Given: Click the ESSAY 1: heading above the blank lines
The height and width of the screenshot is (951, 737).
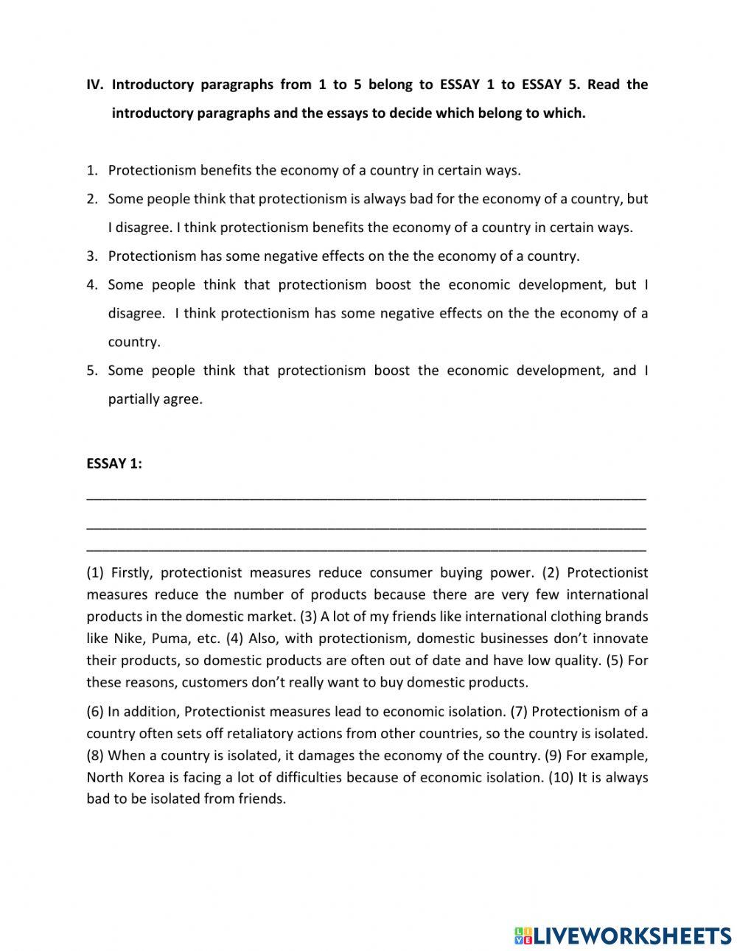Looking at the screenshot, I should coord(114,463).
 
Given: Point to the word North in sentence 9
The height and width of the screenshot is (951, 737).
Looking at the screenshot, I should coord(105,777).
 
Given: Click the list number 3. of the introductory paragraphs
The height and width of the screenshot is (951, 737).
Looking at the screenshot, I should coord(92,256).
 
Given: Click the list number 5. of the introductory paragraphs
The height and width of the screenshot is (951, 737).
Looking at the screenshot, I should coord(92,371).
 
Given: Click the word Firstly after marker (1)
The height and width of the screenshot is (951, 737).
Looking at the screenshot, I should coord(130,572).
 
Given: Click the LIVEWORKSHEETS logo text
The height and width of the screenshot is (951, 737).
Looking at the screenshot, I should coord(632,935).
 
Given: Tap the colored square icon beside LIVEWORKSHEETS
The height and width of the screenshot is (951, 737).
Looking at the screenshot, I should coord(523,935).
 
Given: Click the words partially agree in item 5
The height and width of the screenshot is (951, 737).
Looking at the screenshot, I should coord(155,399).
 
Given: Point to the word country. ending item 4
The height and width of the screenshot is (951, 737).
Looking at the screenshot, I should coord(133,342).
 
